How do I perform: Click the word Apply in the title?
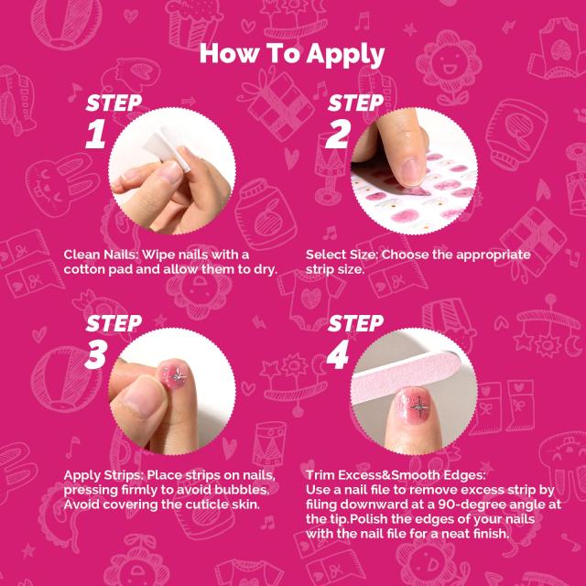pyautogui.click(x=345, y=55)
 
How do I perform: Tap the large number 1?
pyautogui.click(x=95, y=134)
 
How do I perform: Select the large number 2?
pyautogui.click(x=338, y=134)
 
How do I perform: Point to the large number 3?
pyautogui.click(x=96, y=354)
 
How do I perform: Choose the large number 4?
pyautogui.click(x=338, y=354)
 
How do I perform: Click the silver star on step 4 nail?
pyautogui.click(x=418, y=407)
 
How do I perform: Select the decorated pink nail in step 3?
pyautogui.click(x=173, y=374)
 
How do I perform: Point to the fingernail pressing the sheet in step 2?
pyautogui.click(x=412, y=172)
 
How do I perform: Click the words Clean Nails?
pyautogui.click(x=101, y=255)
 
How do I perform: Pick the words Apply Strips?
pyautogui.click(x=103, y=476)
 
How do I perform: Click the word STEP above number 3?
pyautogui.click(x=114, y=324)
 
